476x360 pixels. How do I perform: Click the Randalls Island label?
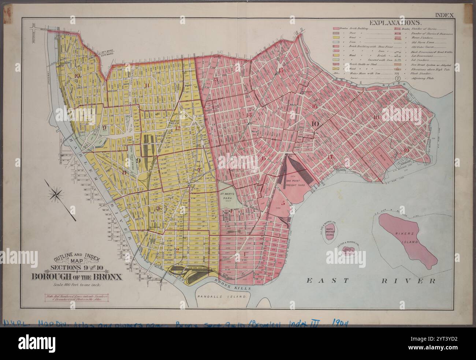[220, 297]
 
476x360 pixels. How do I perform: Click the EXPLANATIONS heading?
[395, 23]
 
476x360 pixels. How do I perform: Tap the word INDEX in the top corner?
[444, 15]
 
